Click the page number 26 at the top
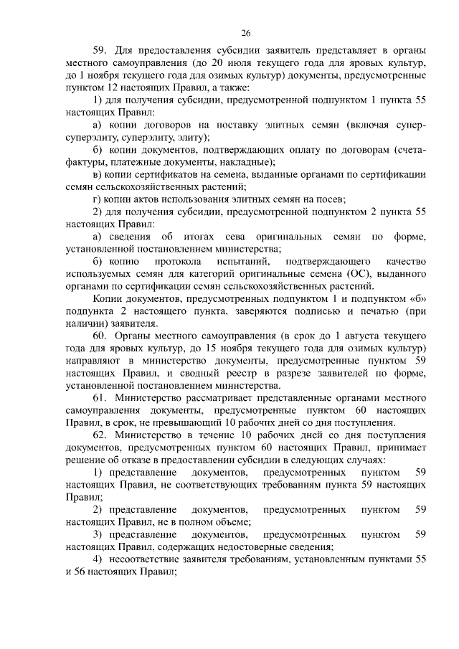[245, 33]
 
